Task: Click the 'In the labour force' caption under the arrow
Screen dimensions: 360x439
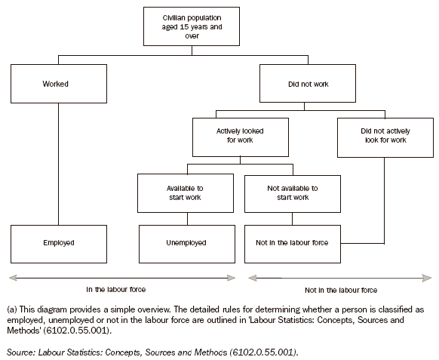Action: pos(115,288)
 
